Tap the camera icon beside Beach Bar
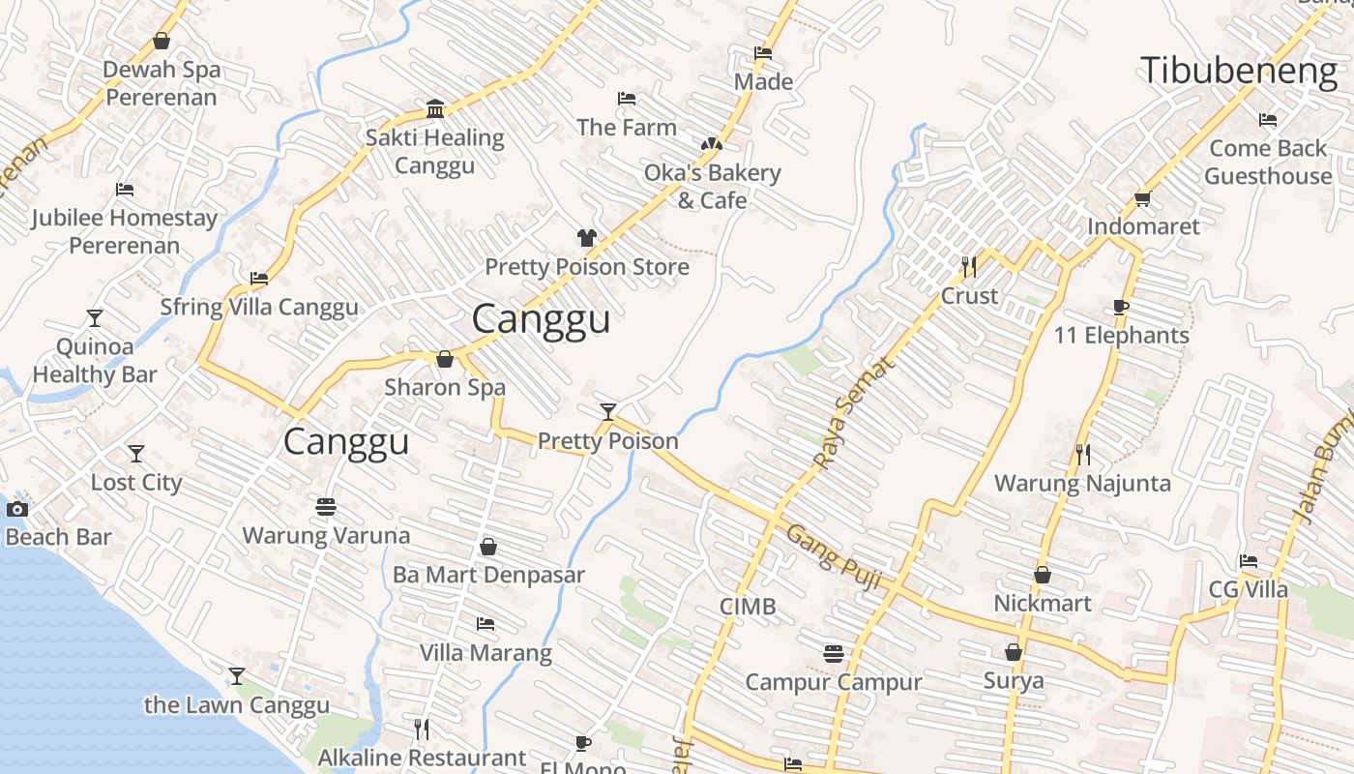[x=17, y=509]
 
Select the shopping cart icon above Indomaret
[x=1142, y=199]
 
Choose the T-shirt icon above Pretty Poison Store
[x=586, y=237]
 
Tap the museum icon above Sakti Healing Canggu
[x=435, y=108]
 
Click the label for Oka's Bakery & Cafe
[x=712, y=187]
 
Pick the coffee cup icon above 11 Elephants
[x=1120, y=308]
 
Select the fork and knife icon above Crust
[x=968, y=266]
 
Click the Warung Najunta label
[x=1082, y=483]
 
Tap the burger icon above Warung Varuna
[x=325, y=507]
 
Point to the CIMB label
[x=748, y=607]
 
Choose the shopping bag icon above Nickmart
[x=1043, y=575]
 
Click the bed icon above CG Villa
[x=1249, y=561]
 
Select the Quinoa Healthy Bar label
[x=95, y=360]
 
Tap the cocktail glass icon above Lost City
[x=136, y=453]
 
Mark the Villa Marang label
[x=486, y=653]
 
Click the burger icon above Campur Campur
[x=834, y=654]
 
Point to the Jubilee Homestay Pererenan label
[x=125, y=231]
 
